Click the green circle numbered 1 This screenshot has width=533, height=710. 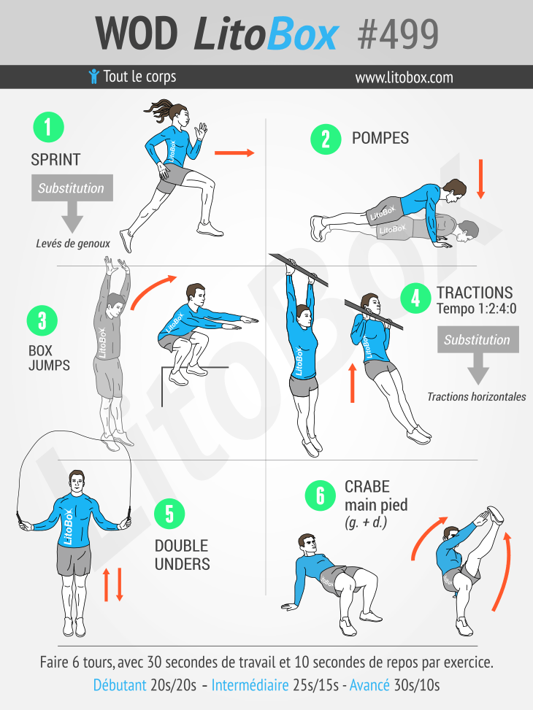pyautogui.click(x=48, y=127)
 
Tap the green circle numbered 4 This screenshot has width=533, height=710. pyautogui.click(x=415, y=298)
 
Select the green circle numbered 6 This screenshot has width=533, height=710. pyautogui.click(x=320, y=495)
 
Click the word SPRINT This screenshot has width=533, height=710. pyautogui.click(x=55, y=159)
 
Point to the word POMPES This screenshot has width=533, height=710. pyautogui.click(x=380, y=138)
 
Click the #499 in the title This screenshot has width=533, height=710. pyautogui.click(x=398, y=34)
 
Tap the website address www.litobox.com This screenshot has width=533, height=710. pyautogui.click(x=404, y=77)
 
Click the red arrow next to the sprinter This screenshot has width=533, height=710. pyautogui.click(x=234, y=153)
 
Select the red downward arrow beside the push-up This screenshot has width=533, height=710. pyautogui.click(x=481, y=179)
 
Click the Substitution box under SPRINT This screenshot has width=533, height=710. pyautogui.click(x=72, y=188)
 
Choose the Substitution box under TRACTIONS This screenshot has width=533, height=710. pyautogui.click(x=478, y=339)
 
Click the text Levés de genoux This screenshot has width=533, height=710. pyautogui.click(x=73, y=244)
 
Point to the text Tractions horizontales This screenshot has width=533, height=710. pyautogui.click(x=476, y=397)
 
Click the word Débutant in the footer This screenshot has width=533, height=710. pyautogui.click(x=120, y=685)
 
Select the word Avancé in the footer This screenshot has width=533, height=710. pyautogui.click(x=369, y=685)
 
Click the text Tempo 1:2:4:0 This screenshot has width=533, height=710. pyautogui.click(x=476, y=309)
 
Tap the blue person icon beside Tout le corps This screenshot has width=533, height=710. pyautogui.click(x=93, y=77)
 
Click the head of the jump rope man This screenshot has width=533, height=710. pyautogui.click(x=77, y=482)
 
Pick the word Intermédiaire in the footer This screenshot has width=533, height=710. pyautogui.click(x=250, y=685)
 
